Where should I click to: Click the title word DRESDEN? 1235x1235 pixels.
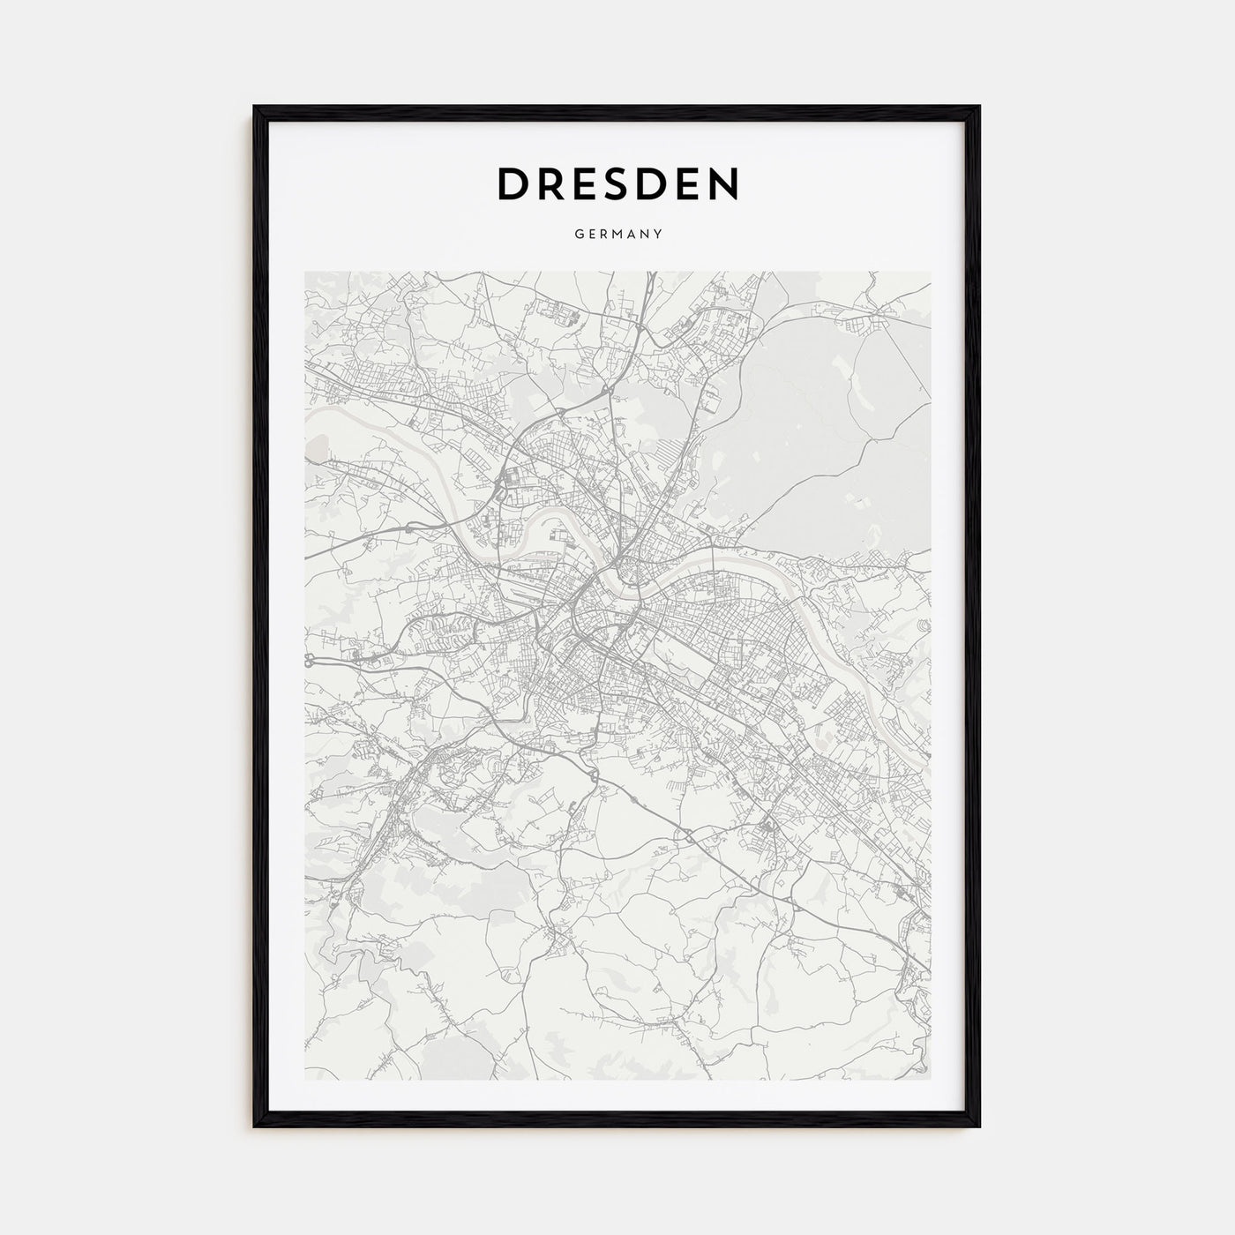(617, 183)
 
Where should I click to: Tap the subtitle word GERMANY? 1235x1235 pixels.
(617, 235)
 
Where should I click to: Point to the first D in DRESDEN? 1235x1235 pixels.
(513, 183)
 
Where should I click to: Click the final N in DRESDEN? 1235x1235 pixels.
(722, 183)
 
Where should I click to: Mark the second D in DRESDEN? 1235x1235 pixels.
(654, 183)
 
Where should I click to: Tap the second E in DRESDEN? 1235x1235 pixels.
(688, 183)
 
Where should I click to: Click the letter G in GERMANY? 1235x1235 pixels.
(578, 235)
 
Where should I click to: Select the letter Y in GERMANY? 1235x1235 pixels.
(658, 235)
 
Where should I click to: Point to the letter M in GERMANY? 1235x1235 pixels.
(617, 235)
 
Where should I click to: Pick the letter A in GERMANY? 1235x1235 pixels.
(632, 235)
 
